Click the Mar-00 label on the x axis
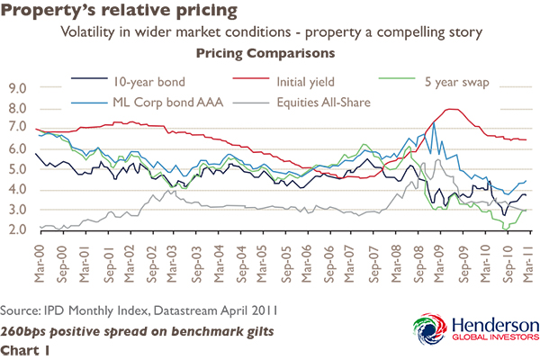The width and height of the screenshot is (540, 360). coord(38,256)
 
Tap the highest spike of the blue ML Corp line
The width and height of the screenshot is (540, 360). coord(434,123)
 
